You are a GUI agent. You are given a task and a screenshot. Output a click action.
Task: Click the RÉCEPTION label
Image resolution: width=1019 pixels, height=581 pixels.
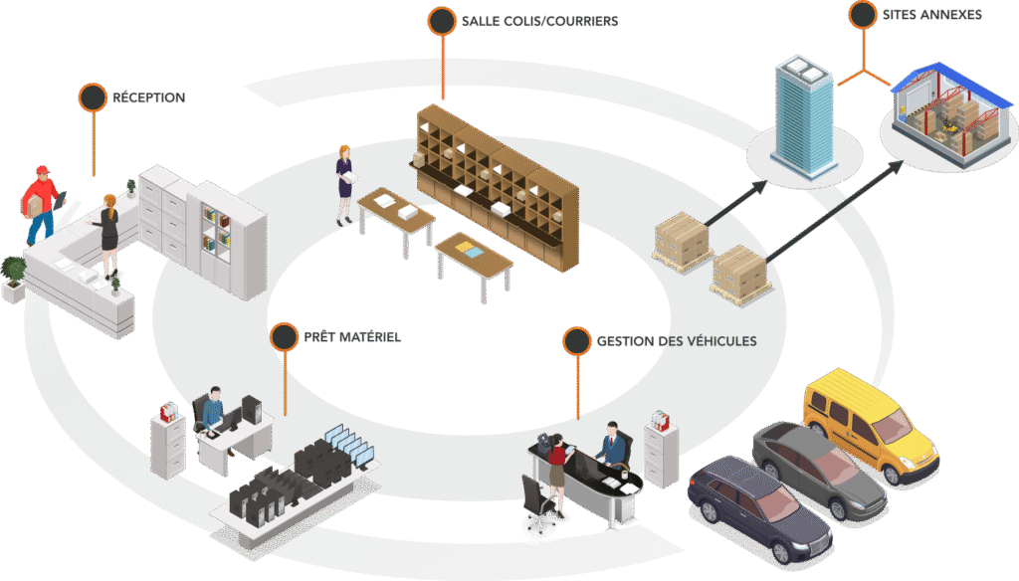pyautogui.click(x=148, y=97)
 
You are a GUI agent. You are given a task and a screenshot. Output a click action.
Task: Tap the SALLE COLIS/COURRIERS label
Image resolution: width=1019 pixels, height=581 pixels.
pyautogui.click(x=539, y=21)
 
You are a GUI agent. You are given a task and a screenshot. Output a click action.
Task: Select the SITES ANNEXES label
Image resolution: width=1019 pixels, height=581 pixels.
pyautogui.click(x=931, y=15)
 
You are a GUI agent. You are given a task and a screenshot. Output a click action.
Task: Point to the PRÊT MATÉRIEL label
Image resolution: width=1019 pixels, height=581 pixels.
pyautogui.click(x=352, y=337)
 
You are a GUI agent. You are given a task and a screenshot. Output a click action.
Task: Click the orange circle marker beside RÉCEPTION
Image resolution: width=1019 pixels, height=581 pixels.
pyautogui.click(x=93, y=97)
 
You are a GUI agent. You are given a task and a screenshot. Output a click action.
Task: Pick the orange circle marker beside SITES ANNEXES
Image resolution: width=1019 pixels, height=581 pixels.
pyautogui.click(x=863, y=15)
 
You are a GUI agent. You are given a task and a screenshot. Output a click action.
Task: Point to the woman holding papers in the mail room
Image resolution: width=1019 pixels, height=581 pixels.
pyautogui.click(x=345, y=181)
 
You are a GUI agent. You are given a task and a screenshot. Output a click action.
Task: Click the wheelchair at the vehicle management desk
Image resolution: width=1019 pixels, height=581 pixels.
pyautogui.click(x=538, y=507)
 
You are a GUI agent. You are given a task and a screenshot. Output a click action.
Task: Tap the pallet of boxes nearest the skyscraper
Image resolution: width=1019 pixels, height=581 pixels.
pyautogui.click(x=683, y=240)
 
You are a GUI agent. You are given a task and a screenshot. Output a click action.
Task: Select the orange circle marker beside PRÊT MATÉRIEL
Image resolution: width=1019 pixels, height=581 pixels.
pyautogui.click(x=284, y=337)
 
